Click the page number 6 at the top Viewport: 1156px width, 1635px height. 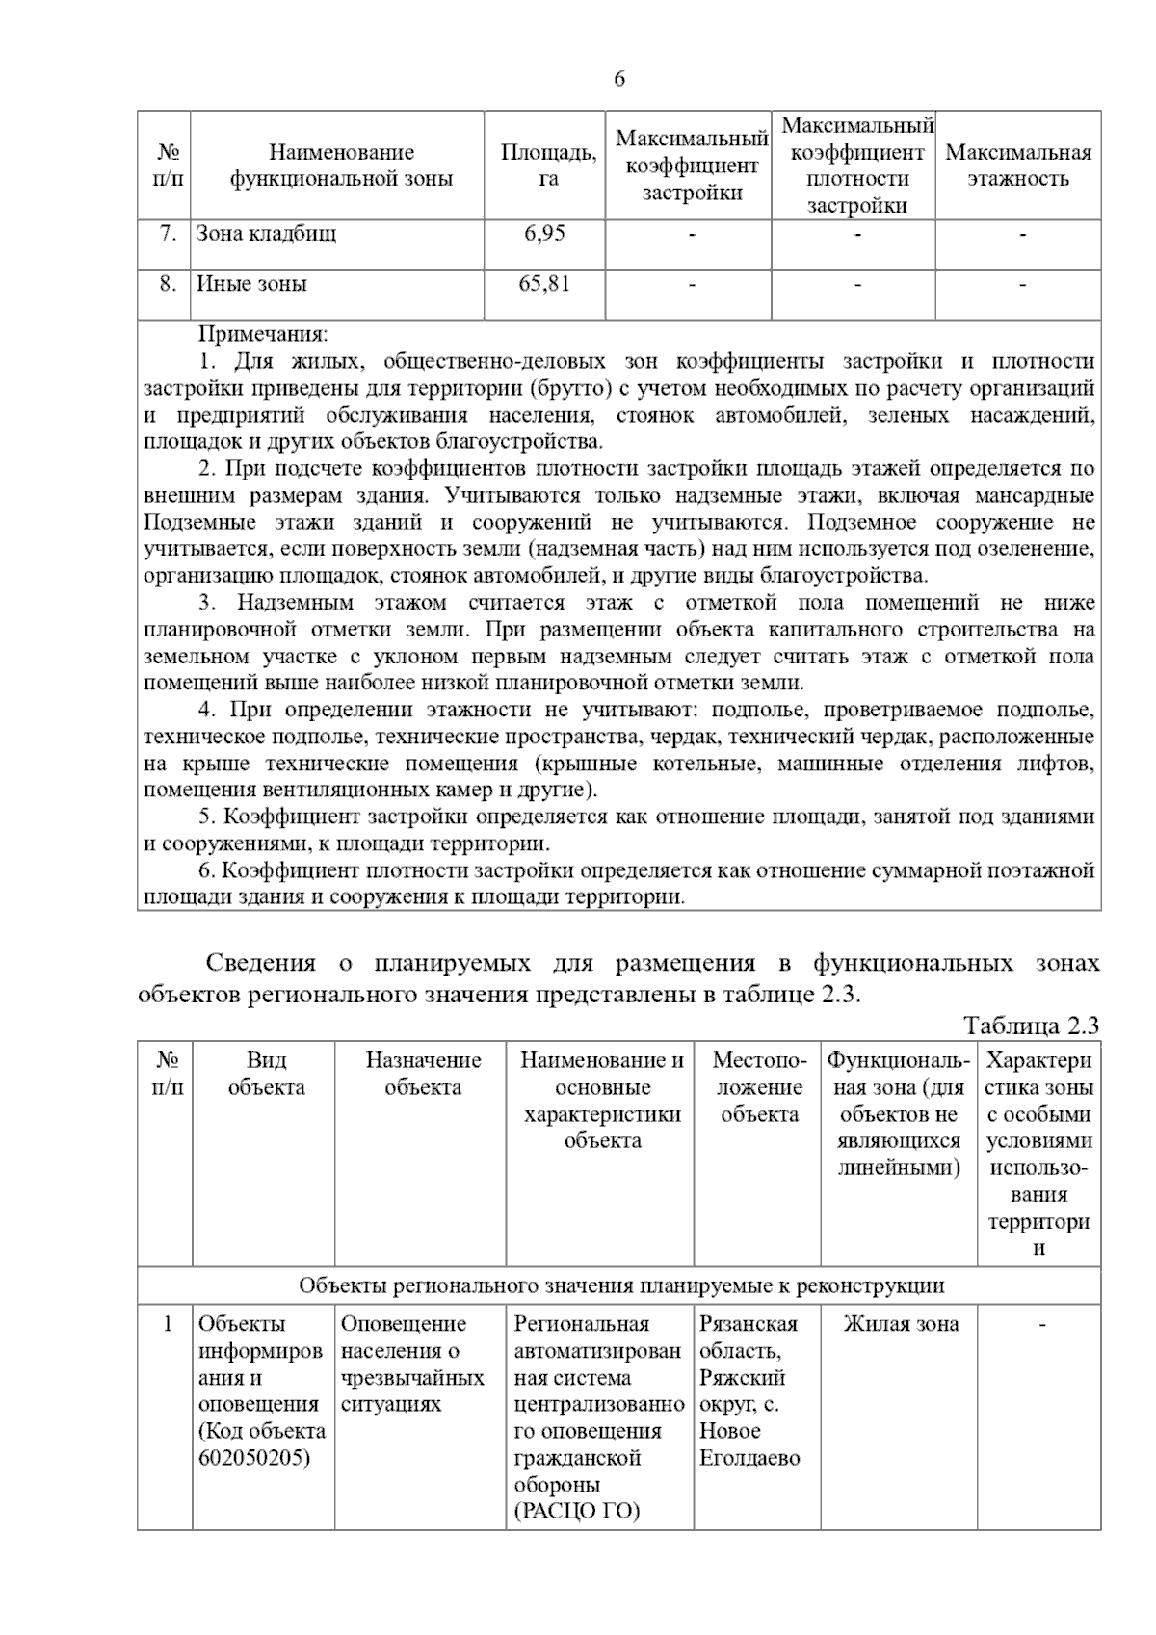tap(618, 79)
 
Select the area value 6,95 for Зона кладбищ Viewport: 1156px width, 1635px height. tap(544, 233)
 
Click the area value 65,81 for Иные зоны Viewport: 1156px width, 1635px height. tap(544, 284)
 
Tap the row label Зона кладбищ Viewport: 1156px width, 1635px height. tap(267, 233)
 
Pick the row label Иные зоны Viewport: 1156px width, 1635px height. tap(252, 284)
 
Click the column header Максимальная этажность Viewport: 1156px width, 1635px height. tap(1018, 166)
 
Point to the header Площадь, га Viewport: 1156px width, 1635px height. tap(548, 166)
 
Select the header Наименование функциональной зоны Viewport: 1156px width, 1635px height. tap(341, 166)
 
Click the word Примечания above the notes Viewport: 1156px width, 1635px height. tap(263, 335)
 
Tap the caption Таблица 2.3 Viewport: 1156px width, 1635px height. tap(1031, 1025)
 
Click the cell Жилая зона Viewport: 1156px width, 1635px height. tap(901, 1324)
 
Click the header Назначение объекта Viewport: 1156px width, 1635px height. tap(423, 1074)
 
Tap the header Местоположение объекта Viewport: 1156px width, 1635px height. tap(759, 1087)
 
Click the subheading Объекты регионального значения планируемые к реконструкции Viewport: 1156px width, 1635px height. tap(621, 1285)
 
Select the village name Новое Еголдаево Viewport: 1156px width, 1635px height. tap(749, 1444)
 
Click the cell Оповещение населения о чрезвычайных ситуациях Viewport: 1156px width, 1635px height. tap(412, 1363)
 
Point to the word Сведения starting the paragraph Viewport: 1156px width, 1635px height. tap(261, 964)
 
